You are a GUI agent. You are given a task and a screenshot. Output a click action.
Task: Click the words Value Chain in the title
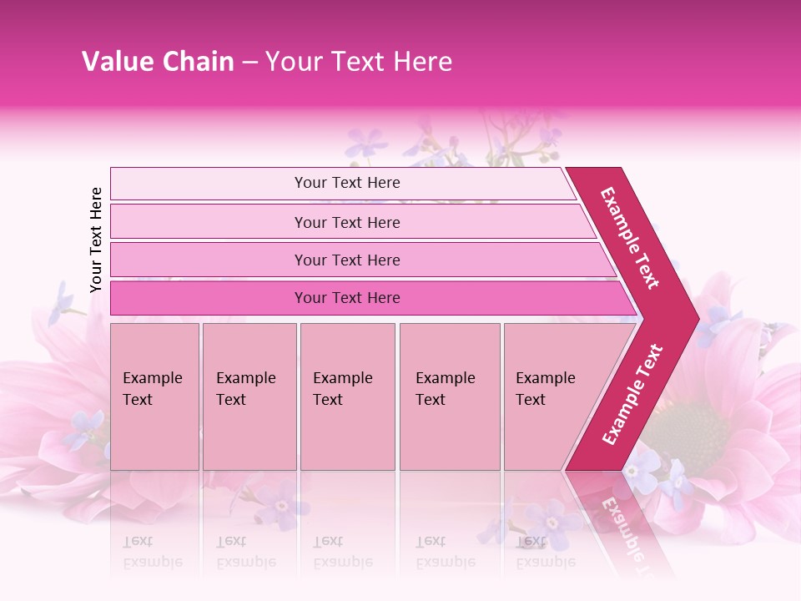click(158, 62)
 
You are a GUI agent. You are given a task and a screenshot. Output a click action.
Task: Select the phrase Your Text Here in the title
click(359, 62)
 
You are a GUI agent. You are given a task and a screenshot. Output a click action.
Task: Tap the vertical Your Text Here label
click(96, 240)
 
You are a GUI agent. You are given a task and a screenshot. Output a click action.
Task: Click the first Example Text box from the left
click(154, 396)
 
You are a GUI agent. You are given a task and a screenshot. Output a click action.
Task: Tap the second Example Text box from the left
click(249, 396)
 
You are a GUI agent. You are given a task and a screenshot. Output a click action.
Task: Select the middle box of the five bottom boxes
click(347, 396)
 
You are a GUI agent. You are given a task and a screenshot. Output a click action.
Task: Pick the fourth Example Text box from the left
click(449, 396)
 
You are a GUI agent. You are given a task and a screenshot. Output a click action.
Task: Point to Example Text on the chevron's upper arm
click(630, 238)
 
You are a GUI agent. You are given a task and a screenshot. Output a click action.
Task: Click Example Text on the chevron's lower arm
click(632, 394)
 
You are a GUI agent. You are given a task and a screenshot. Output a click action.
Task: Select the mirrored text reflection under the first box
click(153, 553)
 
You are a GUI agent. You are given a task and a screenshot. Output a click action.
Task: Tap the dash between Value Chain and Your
click(249, 63)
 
